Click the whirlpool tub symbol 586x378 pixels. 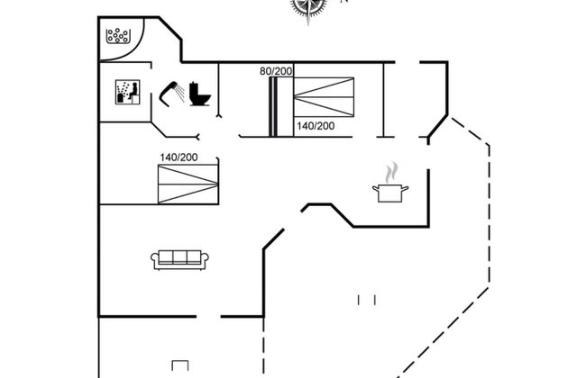coord(118,36)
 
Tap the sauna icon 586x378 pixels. coord(127,92)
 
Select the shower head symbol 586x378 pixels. coord(171,94)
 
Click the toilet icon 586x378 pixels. coord(200,94)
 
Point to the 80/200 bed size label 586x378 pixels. coord(276,71)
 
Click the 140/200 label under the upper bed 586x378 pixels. coord(316,126)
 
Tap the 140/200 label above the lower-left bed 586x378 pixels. coord(179,157)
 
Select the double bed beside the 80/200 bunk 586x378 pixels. coord(324,97)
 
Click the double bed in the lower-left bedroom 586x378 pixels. coord(188,184)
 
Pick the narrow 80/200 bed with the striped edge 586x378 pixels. coord(281,107)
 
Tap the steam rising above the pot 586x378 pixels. coord(391,172)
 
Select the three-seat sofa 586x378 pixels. coord(179,260)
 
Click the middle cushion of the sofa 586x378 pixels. coord(179,257)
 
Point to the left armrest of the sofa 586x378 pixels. coord(155,259)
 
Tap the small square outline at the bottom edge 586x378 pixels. coord(179,365)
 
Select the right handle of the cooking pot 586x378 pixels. coord(405,189)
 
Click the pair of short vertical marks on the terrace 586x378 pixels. coord(367,300)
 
